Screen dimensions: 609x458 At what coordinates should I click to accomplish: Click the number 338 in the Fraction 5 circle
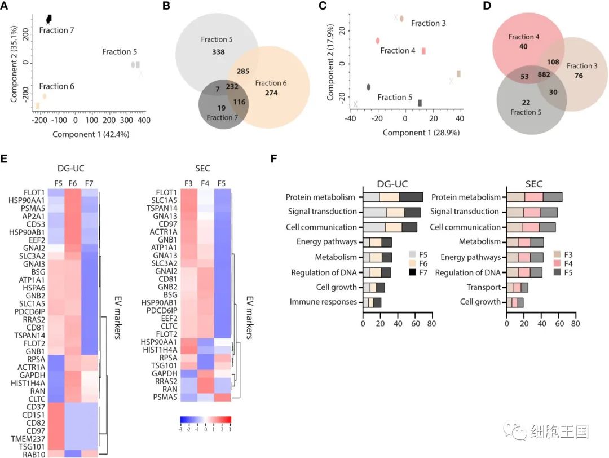pos(218,52)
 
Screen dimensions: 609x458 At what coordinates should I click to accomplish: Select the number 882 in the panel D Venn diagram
pos(544,74)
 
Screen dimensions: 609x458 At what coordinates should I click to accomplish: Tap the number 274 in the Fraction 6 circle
pos(271,93)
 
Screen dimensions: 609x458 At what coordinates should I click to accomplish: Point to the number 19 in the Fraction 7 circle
pos(222,108)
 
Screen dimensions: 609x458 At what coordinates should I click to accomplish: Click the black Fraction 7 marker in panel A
pos(49,19)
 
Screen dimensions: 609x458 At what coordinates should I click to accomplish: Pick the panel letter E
pos(4,158)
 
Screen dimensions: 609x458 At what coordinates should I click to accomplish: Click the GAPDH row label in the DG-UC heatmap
pos(32,375)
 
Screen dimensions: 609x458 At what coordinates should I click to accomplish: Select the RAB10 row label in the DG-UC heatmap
pos(34,455)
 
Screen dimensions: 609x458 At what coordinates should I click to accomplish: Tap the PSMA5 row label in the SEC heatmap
pos(165,397)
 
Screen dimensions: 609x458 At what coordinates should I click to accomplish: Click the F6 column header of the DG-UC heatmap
pos(73,183)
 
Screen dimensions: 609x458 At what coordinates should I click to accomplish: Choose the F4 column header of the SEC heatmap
pos(205,183)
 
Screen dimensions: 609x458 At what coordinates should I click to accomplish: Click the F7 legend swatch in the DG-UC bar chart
pos(412,272)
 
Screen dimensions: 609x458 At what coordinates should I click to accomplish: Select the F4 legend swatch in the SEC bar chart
pos(557,263)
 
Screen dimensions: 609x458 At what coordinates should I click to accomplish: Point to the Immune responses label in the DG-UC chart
pos(323,302)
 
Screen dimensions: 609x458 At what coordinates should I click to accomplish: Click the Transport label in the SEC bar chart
pos(484,287)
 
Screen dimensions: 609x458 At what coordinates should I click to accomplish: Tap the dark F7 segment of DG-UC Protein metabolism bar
pos(411,197)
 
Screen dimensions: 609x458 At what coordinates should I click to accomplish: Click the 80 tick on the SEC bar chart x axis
pos(575,324)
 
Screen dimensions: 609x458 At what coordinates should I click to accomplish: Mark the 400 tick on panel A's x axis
pos(144,121)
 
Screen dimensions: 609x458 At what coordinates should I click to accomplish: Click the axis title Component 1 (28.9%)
pos(421,133)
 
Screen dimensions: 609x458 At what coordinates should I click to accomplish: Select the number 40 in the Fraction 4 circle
pos(523,47)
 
